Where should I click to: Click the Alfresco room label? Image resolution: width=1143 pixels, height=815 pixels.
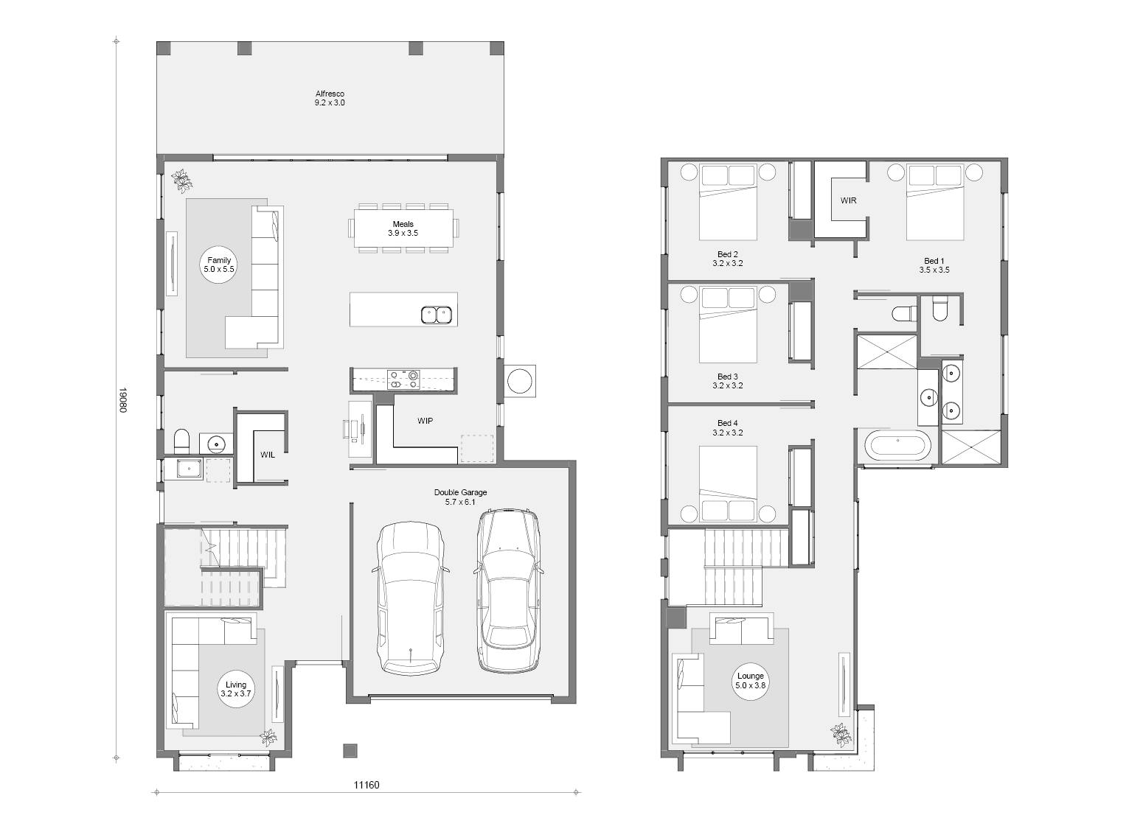click(x=330, y=98)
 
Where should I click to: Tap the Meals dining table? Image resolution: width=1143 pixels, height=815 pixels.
click(x=403, y=228)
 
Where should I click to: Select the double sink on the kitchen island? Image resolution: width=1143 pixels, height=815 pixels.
click(x=437, y=315)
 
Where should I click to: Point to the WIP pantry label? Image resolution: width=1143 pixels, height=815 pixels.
click(x=425, y=421)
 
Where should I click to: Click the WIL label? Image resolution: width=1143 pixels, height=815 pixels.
click(x=268, y=455)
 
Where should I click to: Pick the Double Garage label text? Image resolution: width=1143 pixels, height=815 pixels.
click(x=460, y=497)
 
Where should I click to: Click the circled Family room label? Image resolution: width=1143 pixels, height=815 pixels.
click(x=219, y=265)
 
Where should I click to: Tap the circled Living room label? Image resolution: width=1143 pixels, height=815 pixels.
click(x=236, y=689)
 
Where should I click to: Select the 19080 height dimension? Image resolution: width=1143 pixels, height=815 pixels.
click(x=122, y=399)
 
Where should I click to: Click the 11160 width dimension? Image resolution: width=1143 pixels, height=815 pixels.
click(x=366, y=785)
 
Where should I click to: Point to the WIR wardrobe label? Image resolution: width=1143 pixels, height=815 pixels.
click(x=848, y=200)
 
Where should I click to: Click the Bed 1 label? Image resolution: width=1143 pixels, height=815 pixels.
click(x=934, y=265)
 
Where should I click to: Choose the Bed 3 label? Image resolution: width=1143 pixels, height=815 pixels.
click(x=728, y=381)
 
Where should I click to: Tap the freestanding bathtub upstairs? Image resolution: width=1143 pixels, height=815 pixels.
click(x=897, y=446)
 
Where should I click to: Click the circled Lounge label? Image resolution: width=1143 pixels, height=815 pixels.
click(x=750, y=680)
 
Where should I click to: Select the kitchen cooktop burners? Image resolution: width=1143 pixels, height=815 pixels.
click(x=403, y=379)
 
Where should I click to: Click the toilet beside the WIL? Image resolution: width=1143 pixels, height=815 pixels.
click(x=181, y=441)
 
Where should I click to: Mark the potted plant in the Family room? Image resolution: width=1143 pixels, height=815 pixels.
click(x=182, y=180)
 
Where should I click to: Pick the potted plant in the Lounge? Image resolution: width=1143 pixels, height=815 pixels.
click(x=841, y=735)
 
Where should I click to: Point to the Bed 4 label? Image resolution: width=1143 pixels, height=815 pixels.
click(x=728, y=427)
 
